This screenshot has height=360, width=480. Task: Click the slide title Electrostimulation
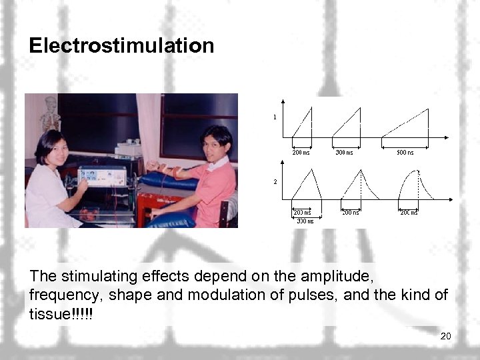[121, 45]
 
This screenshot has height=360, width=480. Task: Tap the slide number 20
[445, 336]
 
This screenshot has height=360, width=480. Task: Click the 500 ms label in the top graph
[405, 152]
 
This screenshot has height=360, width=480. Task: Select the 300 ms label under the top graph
[344, 152]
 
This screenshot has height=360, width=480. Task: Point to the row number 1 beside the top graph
[274, 117]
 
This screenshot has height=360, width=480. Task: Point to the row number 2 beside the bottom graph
[274, 181]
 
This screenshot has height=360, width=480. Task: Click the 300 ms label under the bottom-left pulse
[305, 221]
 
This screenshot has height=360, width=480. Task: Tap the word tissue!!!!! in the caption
[61, 313]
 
